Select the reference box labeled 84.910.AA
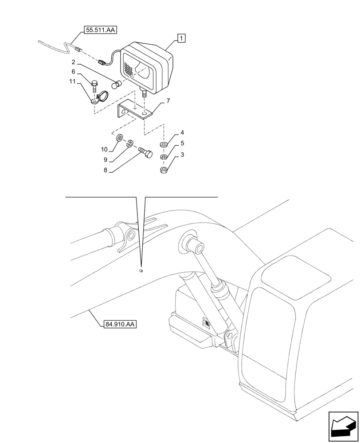pyautogui.click(x=120, y=324)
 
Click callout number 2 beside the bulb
pyautogui.click(x=74, y=62)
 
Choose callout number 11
pyautogui.click(x=72, y=82)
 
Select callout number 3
pyautogui.click(x=182, y=155)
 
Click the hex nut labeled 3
pyautogui.click(x=164, y=171)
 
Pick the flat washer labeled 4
pyautogui.click(x=164, y=145)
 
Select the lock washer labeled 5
pyautogui.click(x=164, y=157)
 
